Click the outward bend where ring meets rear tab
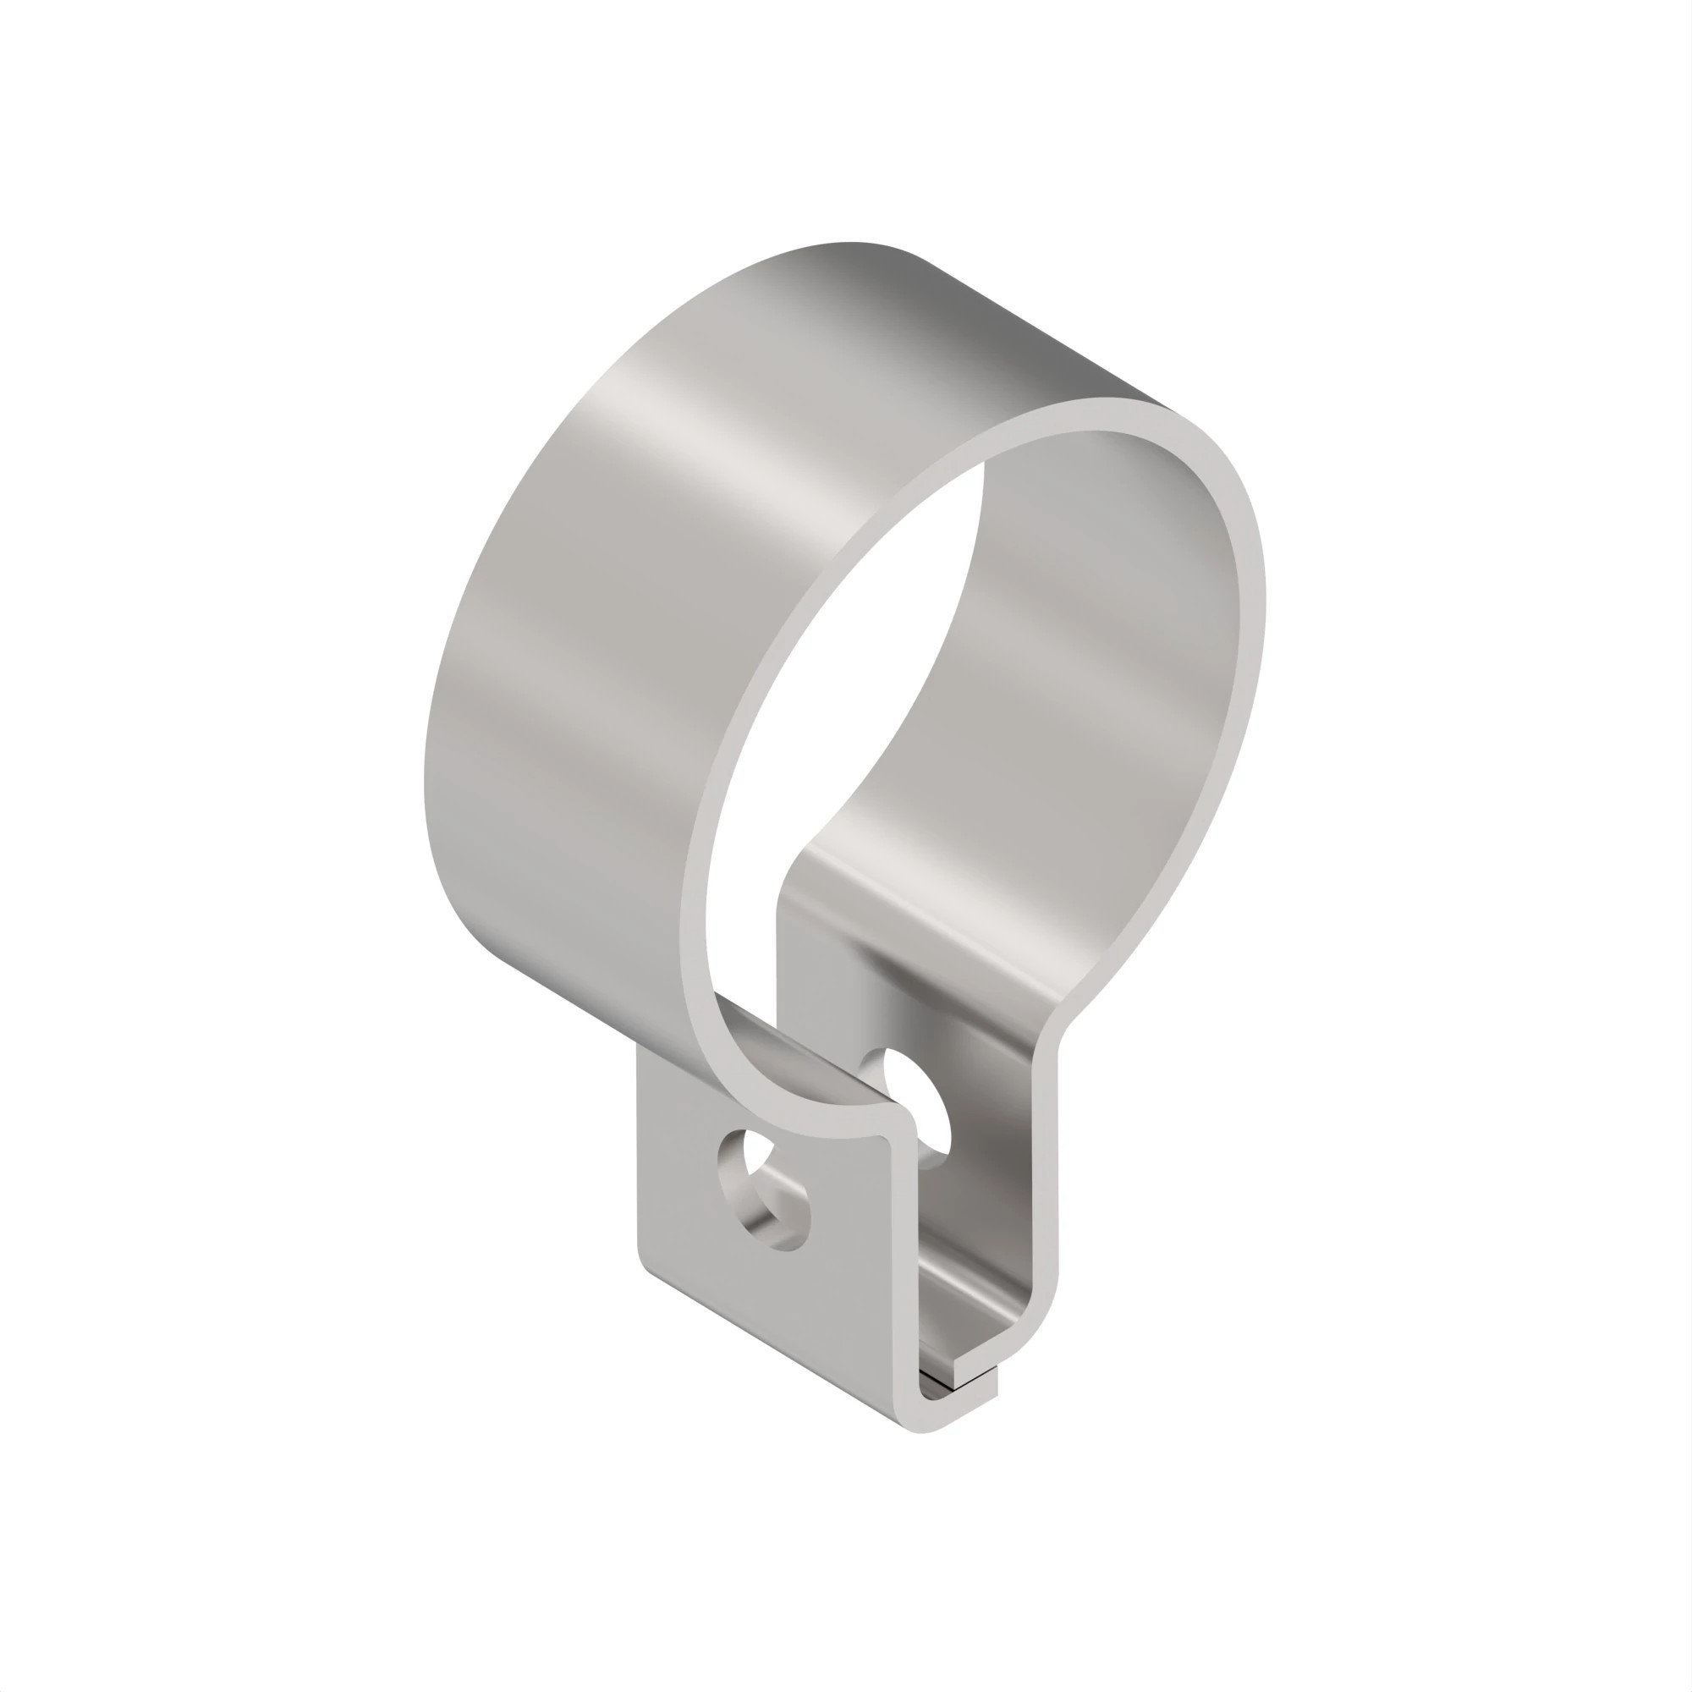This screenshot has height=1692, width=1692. (x=1064, y=1020)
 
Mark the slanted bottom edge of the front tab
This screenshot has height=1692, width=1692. (x=771, y=1353)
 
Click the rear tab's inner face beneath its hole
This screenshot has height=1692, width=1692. (x=972, y=1226)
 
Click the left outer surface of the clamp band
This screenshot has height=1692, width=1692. (x=525, y=700)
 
